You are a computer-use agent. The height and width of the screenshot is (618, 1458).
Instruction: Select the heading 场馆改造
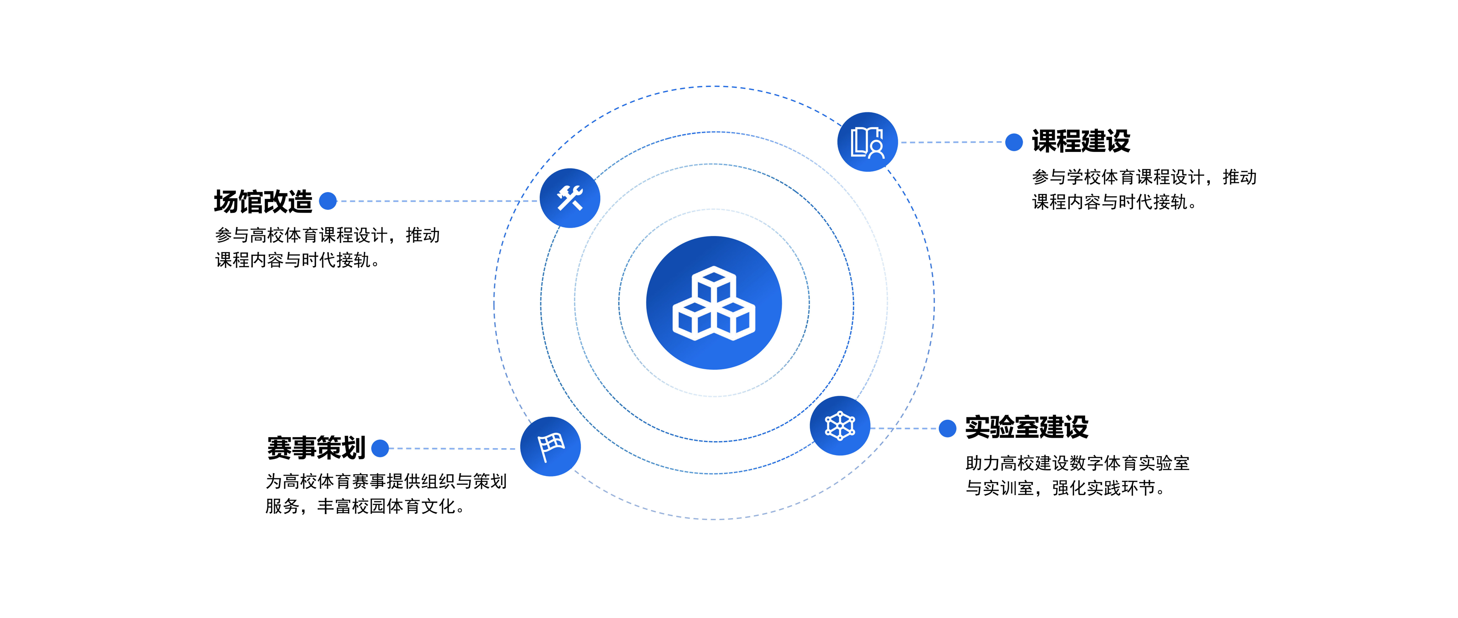click(x=263, y=201)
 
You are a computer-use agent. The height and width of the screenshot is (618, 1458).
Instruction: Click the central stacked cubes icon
click(x=714, y=303)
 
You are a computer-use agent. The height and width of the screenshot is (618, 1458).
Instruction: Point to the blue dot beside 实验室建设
click(x=948, y=428)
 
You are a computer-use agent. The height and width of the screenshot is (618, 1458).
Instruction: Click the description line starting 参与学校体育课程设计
click(x=1144, y=177)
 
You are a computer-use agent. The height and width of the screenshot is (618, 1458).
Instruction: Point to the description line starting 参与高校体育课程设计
click(x=327, y=235)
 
